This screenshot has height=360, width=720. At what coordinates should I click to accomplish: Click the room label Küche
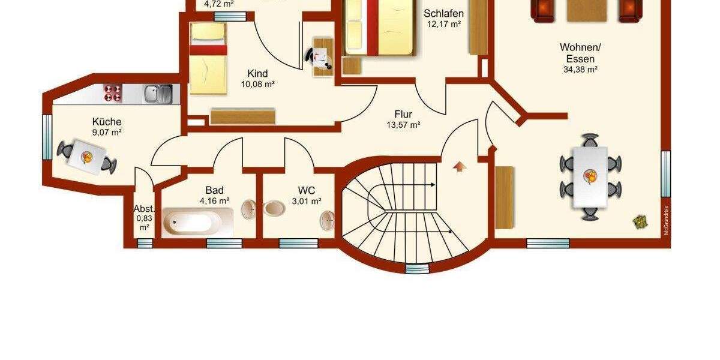click(107, 121)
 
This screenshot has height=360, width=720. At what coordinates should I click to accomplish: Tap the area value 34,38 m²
click(580, 70)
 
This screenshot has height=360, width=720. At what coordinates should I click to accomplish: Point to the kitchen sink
click(158, 94)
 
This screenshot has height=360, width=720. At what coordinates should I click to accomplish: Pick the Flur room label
click(403, 114)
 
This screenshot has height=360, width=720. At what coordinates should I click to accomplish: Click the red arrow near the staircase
click(460, 166)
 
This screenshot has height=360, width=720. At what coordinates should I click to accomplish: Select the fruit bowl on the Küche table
click(87, 157)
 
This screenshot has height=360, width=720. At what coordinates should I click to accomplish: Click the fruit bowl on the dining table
click(591, 177)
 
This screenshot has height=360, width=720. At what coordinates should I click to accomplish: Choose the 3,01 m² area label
click(306, 202)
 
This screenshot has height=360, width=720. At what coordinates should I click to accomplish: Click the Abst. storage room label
click(144, 209)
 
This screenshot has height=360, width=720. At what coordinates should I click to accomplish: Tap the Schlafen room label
click(443, 14)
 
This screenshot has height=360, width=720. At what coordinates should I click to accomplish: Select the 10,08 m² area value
click(257, 85)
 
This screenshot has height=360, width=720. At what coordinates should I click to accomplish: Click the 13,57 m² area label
click(403, 125)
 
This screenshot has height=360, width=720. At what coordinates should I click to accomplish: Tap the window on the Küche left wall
click(46, 137)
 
